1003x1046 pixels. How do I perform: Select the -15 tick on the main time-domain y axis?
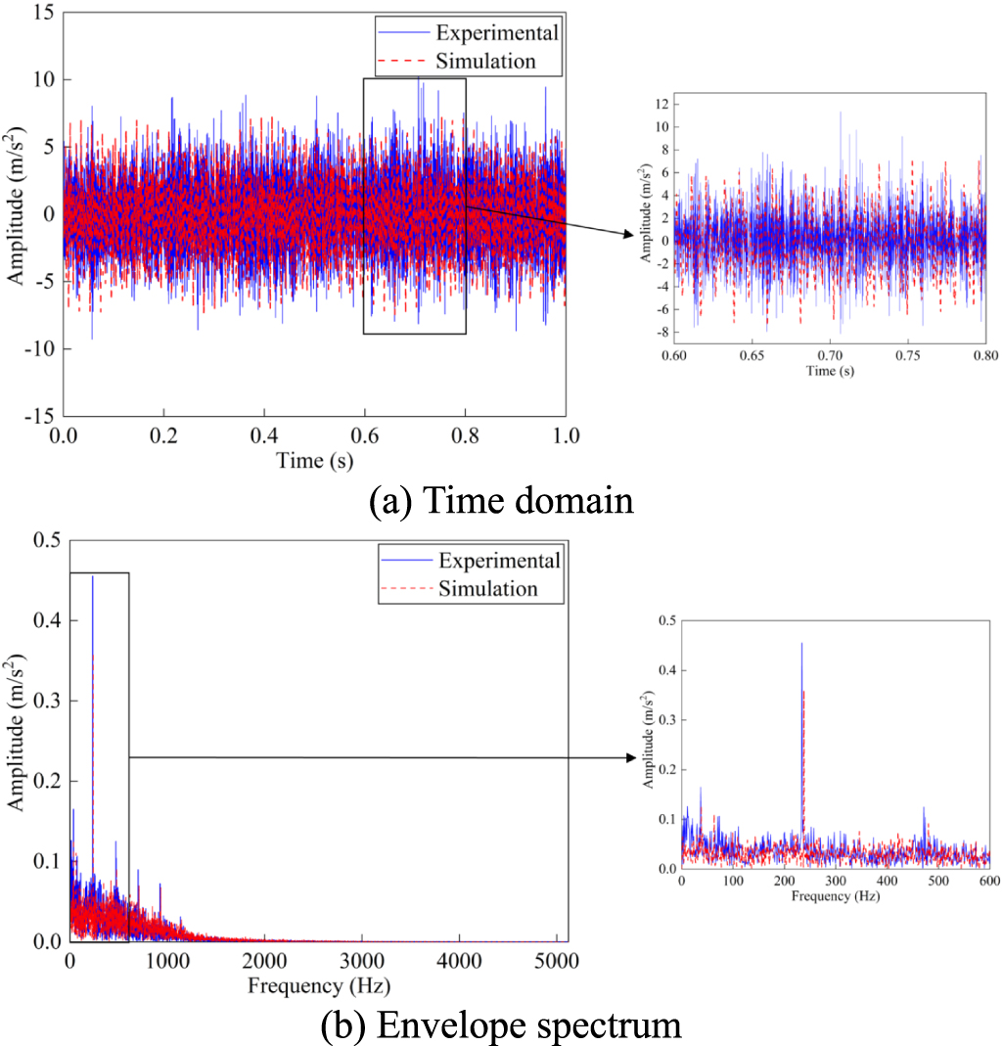pos(39,415)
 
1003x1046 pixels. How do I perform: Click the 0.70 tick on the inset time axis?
pos(830,356)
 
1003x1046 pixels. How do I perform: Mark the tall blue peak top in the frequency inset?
pos(801,644)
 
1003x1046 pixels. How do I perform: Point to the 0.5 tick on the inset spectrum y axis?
pos(665,620)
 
